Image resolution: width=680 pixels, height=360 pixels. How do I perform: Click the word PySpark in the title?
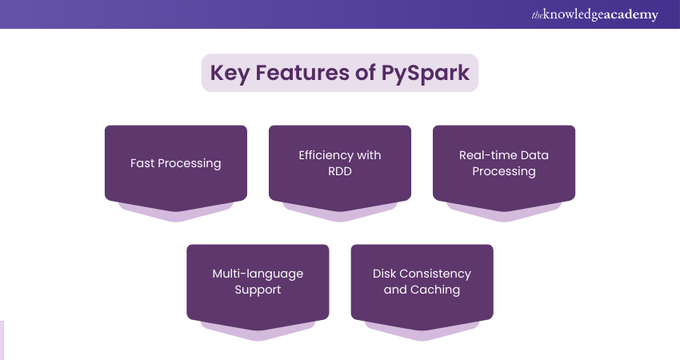click(429, 73)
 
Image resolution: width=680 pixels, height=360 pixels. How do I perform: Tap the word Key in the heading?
click(230, 73)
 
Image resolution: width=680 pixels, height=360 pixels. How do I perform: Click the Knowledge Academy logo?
click(594, 15)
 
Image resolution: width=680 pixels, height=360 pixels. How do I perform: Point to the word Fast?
click(143, 163)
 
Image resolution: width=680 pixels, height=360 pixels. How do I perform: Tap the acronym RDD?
click(339, 171)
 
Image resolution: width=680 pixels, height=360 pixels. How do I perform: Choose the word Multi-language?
click(258, 274)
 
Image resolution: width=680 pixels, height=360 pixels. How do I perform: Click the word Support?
click(258, 290)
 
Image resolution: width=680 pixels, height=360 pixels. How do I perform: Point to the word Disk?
click(386, 274)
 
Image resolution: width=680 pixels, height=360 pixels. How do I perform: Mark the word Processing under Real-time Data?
click(503, 171)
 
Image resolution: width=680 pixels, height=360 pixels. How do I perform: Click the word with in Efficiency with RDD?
click(369, 155)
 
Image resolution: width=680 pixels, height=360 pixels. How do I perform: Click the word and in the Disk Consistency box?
click(395, 290)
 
